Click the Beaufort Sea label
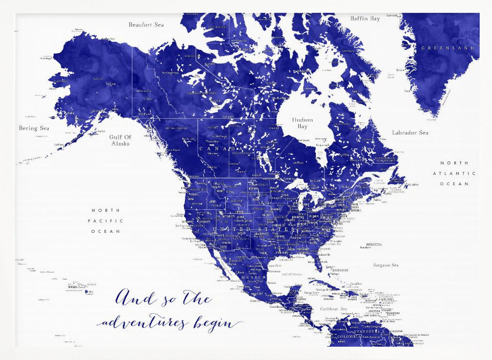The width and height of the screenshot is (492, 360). (146, 25)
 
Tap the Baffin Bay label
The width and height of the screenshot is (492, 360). (365, 19)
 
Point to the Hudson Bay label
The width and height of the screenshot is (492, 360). (302, 123)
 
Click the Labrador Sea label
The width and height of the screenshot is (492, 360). (410, 132)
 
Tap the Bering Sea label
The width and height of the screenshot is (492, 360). (34, 129)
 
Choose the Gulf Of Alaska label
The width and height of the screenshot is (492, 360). (120, 140)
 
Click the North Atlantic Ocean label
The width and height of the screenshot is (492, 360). (454, 173)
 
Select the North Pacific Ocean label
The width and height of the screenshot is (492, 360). (106, 221)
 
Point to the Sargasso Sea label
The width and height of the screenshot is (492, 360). (385, 265)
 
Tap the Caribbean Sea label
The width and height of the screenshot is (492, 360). (334, 309)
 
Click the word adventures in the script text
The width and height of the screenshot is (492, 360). (143, 323)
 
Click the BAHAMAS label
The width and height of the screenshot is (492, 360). (340, 270)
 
